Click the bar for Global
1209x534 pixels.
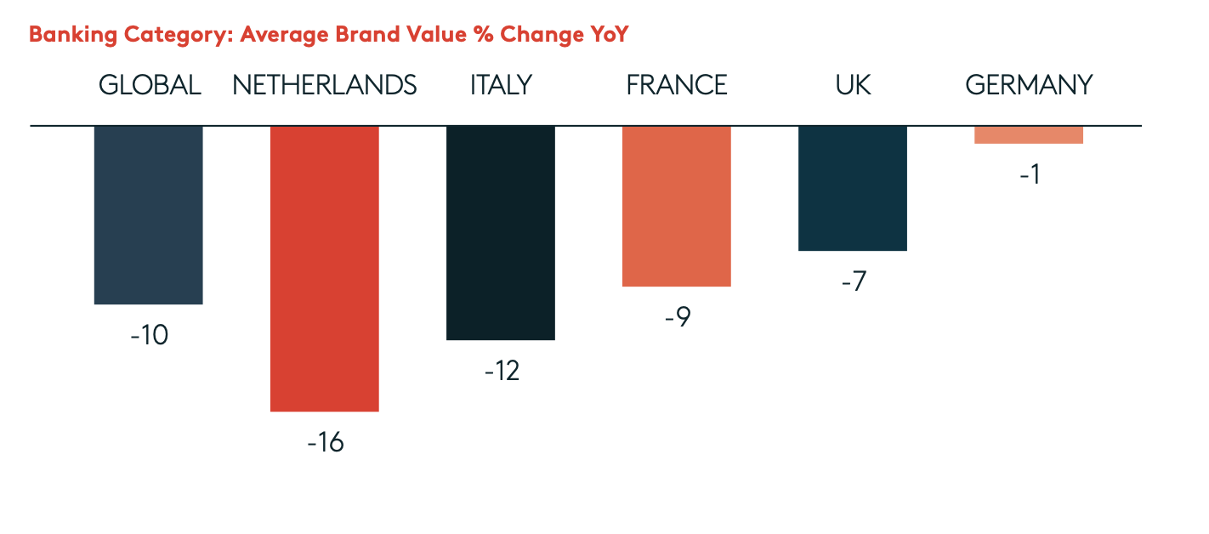coord(149,214)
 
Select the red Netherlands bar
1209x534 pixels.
coord(324,268)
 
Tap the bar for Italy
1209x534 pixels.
coord(501,232)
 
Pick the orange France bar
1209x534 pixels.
coord(677,206)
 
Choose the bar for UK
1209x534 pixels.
coord(853,188)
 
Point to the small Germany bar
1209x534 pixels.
coord(1029,134)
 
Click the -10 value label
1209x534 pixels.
coord(150,335)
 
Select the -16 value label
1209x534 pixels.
coord(326,443)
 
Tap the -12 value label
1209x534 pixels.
coord(502,372)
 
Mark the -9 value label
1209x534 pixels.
coord(678,317)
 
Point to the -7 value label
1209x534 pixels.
coord(853,281)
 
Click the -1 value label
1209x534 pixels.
coord(1029,174)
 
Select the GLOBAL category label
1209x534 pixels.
coord(150,85)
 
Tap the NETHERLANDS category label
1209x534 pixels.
coord(325,85)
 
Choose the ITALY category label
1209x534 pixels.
coord(501,85)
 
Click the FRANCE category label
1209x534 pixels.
coord(677,85)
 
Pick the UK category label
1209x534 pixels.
coord(853,85)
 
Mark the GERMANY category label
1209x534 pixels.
coord(1029,85)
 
